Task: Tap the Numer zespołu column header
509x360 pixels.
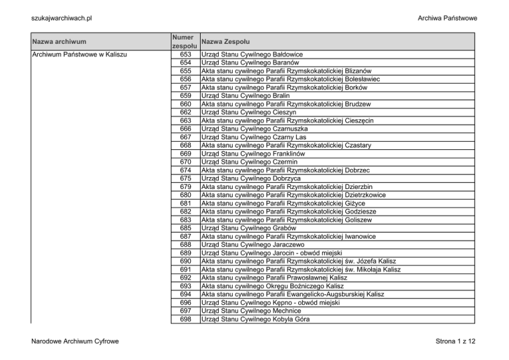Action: (183, 41)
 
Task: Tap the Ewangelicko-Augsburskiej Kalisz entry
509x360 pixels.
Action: (302, 294)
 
